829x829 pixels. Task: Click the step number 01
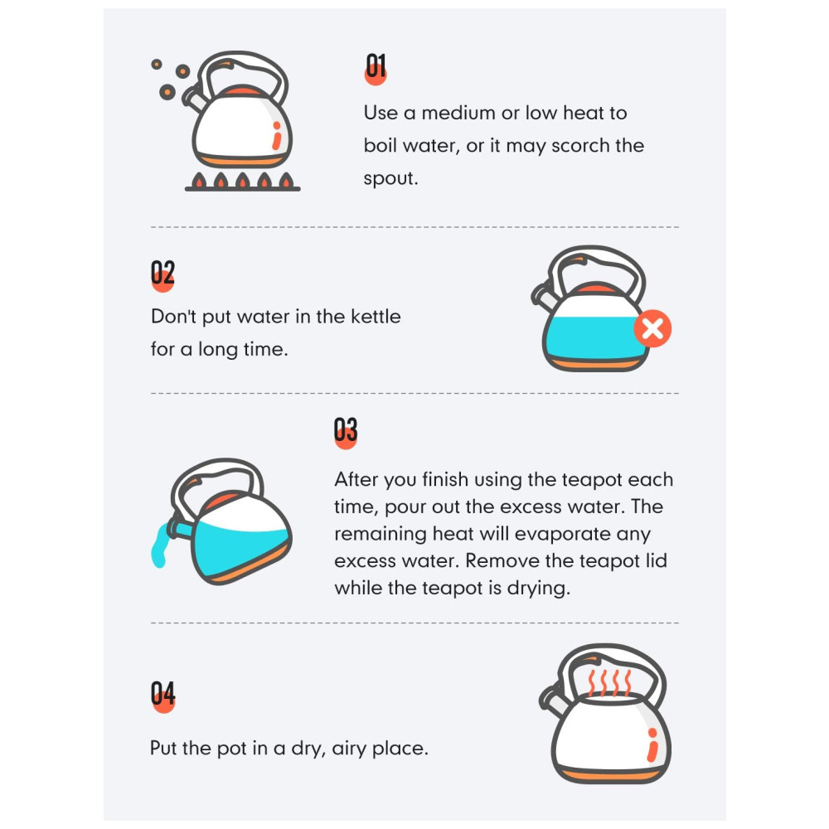coord(376,66)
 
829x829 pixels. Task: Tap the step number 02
coord(162,274)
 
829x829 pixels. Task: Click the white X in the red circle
coord(653,328)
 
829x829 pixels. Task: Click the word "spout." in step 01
coord(390,179)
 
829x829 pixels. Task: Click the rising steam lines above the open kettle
coord(609,682)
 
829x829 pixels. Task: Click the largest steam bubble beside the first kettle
coord(167,92)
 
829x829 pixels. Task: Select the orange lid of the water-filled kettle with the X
coord(596,288)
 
